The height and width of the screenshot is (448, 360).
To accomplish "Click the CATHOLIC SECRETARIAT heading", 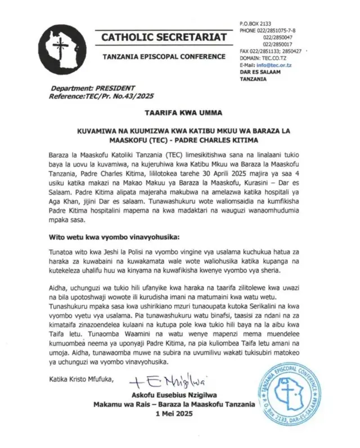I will pos(164,38).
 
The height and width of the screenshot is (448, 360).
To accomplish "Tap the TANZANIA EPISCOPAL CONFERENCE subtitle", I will pos(164,59).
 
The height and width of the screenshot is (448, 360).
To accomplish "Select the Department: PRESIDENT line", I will pos(93,88).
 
